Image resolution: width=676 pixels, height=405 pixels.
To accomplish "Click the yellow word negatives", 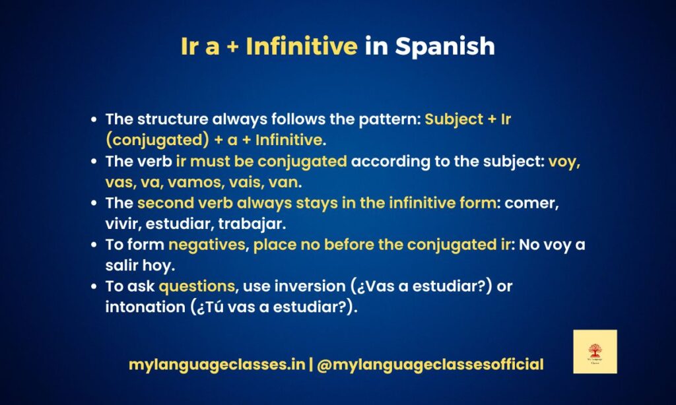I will click(207, 245).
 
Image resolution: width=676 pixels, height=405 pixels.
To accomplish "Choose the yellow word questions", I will click(197, 287).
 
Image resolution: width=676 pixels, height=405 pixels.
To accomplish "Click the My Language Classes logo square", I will click(595, 352).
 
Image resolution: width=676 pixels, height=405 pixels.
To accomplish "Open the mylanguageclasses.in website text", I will click(217, 364).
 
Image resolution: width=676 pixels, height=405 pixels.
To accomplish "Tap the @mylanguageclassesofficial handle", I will click(430, 364).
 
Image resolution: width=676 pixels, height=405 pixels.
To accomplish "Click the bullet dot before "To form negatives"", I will click(95, 245).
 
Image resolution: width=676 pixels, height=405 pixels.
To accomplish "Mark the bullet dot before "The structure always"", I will click(95, 120).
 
